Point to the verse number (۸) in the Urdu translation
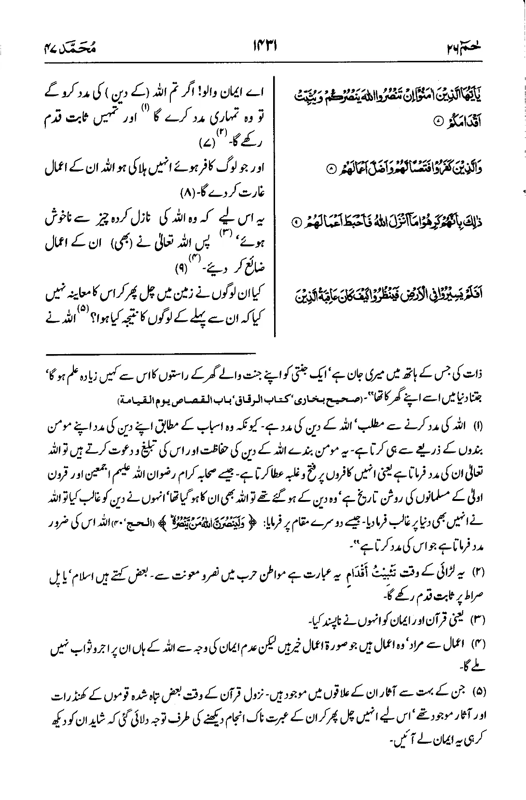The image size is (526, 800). coord(187,193)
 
